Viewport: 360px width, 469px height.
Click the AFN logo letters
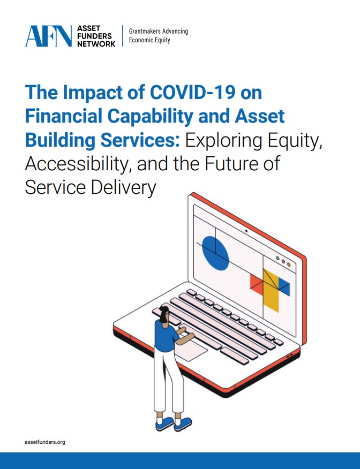[48, 36]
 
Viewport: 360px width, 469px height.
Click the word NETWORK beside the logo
[96, 44]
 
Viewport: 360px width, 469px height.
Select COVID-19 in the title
[192, 92]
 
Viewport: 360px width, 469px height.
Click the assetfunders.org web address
[45, 442]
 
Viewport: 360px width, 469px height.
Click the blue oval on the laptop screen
[215, 253]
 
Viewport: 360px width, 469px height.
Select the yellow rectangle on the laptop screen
[271, 290]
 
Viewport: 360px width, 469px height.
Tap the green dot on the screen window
[277, 258]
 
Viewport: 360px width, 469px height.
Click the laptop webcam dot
[246, 231]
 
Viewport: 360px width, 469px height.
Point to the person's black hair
[164, 314]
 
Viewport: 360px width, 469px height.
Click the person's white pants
[168, 381]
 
